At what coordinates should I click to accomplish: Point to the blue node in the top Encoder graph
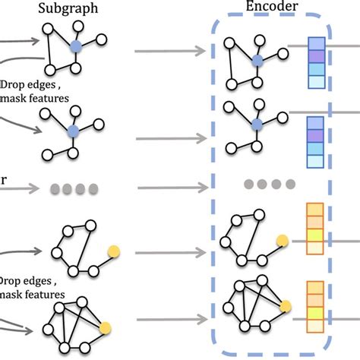click(257, 59)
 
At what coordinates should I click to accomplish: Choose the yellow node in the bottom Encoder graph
click(286, 306)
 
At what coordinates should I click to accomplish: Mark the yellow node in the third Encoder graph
click(283, 241)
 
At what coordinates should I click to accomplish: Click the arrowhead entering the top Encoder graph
click(204, 52)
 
